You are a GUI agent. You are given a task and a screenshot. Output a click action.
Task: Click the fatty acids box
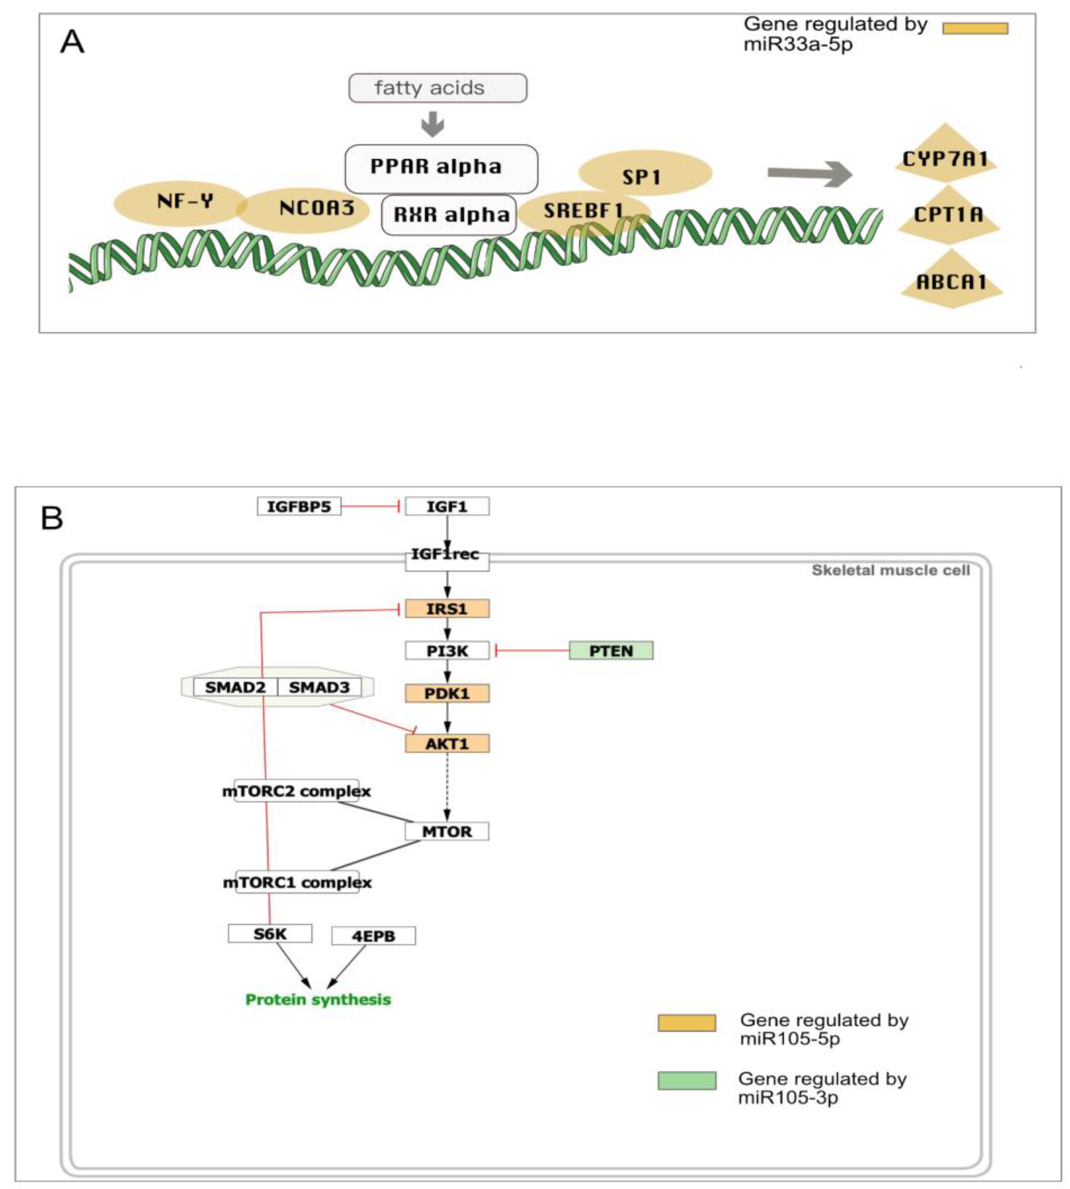[x=438, y=88]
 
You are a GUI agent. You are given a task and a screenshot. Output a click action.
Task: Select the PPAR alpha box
[x=441, y=168]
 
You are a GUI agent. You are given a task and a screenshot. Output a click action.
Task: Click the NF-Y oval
[x=180, y=203]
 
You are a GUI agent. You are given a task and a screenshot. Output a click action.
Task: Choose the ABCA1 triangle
[x=951, y=281]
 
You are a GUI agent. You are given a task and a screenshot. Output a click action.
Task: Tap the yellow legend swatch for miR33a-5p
[x=975, y=28]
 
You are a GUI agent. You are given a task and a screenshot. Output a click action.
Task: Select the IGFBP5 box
[x=299, y=506]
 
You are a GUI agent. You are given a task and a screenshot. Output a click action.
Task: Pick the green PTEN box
[x=611, y=651]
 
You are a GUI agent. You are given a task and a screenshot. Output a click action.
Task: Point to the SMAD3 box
[x=319, y=687]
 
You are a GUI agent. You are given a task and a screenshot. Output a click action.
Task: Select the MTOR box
[x=447, y=831]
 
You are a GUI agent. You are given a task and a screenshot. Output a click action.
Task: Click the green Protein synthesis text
[x=318, y=999]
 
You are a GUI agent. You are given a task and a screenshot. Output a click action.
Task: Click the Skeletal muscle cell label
[x=891, y=570]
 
